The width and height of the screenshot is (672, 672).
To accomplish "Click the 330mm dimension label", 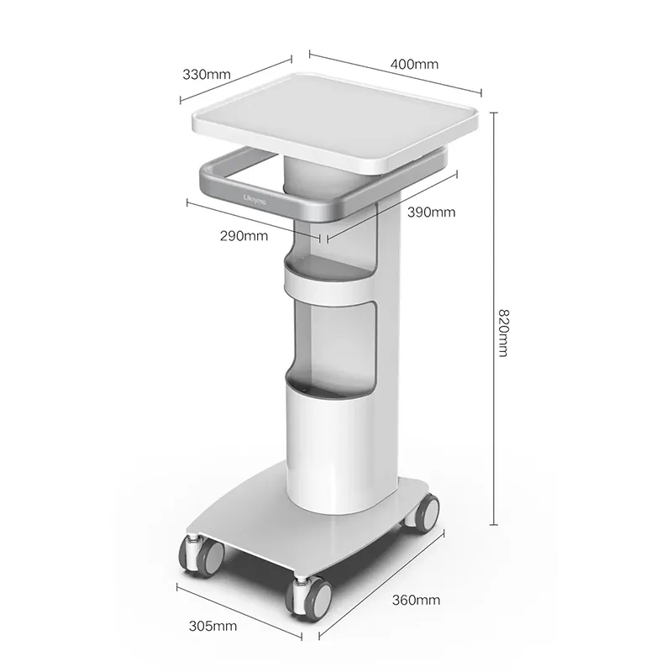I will tap(206, 74).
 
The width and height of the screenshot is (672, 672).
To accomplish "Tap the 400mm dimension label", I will tap(414, 64).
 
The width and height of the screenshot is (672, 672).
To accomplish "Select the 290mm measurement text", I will tap(244, 235).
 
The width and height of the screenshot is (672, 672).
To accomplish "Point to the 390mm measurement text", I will tap(431, 213).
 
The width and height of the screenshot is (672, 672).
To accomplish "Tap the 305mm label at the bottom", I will tap(213, 625).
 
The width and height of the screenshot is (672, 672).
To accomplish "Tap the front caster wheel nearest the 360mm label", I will tap(308, 595).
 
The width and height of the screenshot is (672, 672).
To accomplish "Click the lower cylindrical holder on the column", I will tap(330, 437).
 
